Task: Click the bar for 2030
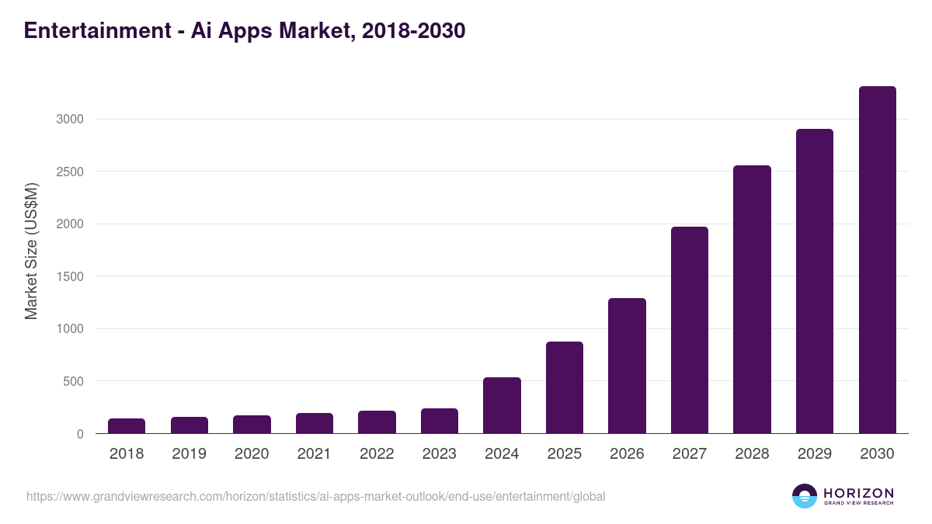(x=877, y=260)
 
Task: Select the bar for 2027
(x=690, y=330)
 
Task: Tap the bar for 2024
(x=502, y=405)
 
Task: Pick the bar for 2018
(x=127, y=426)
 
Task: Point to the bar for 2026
(x=627, y=366)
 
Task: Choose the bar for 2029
(x=815, y=281)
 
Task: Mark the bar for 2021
(x=315, y=423)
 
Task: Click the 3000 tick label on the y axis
(x=69, y=120)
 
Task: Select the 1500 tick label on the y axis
(x=69, y=276)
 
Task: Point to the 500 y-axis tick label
(x=72, y=381)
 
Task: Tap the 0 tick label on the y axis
(x=80, y=434)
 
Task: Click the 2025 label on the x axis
(x=565, y=454)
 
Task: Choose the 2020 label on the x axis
(x=252, y=454)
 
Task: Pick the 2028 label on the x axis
(x=752, y=454)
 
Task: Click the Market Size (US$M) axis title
(x=31, y=250)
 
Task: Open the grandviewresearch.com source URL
(x=315, y=496)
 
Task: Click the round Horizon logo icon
(x=805, y=496)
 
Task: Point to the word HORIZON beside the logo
(x=859, y=493)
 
